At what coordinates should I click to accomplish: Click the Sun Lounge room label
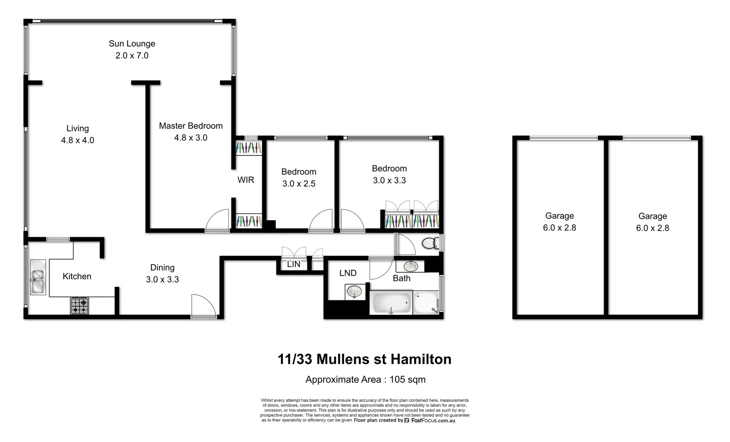pos(132,43)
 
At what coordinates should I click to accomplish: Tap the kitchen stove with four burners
pos(80,306)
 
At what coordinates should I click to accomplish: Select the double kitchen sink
pos(38,277)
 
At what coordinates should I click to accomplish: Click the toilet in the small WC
pos(429,244)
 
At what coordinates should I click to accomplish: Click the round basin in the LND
pos(354,292)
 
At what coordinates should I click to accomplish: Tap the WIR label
pos(246,180)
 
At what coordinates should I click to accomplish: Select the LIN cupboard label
pos(294,264)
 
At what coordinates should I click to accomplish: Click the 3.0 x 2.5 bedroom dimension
pos(299,183)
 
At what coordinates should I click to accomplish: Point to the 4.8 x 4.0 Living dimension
pos(77,140)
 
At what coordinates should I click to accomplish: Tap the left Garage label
pos(559,216)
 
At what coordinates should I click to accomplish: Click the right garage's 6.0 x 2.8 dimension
pos(652,228)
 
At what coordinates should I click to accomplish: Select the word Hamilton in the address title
pos(421,359)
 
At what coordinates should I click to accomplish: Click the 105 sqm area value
pos(407,379)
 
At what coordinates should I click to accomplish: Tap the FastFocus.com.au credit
pos(433,420)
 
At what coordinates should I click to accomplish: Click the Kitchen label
pos(77,276)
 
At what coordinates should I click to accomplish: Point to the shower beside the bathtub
pos(427,303)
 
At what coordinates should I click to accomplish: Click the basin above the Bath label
pos(411,266)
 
